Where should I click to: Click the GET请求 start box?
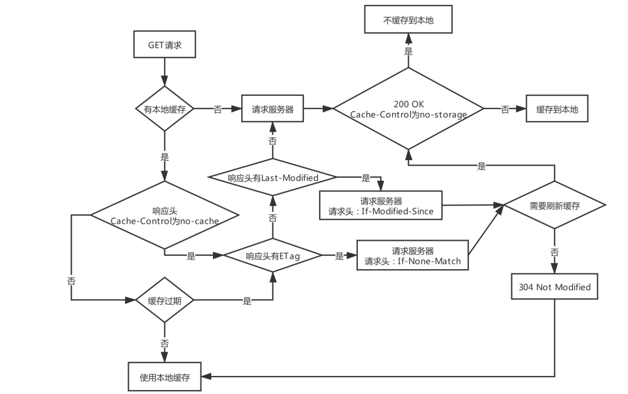pyautogui.click(x=164, y=44)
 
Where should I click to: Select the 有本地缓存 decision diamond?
pyautogui.click(x=165, y=109)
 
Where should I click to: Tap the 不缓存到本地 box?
pyautogui.click(x=408, y=20)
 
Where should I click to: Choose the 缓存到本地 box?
pyautogui.click(x=556, y=109)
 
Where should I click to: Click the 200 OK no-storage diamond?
pyautogui.click(x=408, y=109)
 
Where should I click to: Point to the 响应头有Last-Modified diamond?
pyautogui.click(x=273, y=178)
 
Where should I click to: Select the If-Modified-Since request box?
pyautogui.click(x=380, y=206)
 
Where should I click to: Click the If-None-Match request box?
pyautogui.click(x=412, y=255)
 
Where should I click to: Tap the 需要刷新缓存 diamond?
pyautogui.click(x=554, y=205)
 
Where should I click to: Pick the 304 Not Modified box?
pyautogui.click(x=554, y=287)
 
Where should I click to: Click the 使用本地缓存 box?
pyautogui.click(x=165, y=377)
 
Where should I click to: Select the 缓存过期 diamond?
pyautogui.click(x=165, y=301)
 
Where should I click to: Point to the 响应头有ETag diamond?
pyautogui.click(x=273, y=255)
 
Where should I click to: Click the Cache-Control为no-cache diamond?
pyautogui.click(x=165, y=215)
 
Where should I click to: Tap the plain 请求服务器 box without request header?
pyautogui.click(x=272, y=109)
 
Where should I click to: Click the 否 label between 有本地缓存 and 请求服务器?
pyautogui.click(x=217, y=109)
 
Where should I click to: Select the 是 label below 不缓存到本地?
pyautogui.click(x=408, y=51)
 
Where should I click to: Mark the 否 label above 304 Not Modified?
pyautogui.click(x=554, y=252)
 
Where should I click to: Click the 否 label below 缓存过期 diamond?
pyautogui.click(x=165, y=343)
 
